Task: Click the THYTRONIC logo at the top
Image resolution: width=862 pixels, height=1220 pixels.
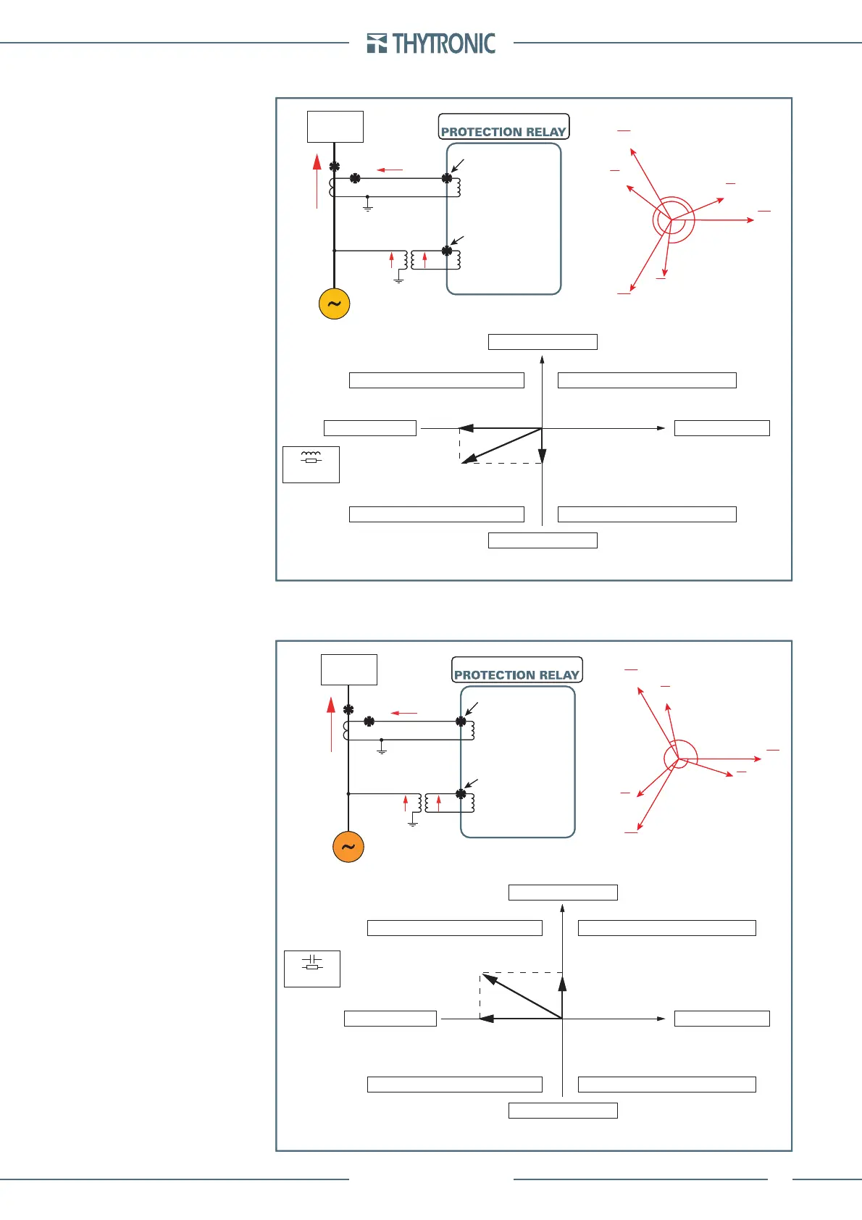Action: coord(432,43)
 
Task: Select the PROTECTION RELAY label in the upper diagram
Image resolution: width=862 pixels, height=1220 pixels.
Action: coord(503,131)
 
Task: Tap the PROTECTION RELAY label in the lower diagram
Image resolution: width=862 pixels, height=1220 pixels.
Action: coord(516,674)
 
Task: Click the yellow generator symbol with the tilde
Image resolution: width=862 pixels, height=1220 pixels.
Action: coord(334,304)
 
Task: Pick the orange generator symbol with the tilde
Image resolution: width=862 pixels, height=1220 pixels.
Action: coord(348,847)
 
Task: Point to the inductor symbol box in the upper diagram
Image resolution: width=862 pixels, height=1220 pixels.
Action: coord(311,464)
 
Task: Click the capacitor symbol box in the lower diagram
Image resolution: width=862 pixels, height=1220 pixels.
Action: coord(311,969)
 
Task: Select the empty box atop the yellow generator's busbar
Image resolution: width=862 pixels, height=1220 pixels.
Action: coord(335,127)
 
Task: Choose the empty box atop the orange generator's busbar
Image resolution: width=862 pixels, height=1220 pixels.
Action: coord(348,669)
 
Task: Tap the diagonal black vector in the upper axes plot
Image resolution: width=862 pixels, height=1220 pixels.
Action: coord(501,446)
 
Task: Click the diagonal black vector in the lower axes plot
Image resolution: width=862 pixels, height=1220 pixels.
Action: coord(522,996)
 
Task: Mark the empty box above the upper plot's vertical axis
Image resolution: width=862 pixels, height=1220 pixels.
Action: coord(543,342)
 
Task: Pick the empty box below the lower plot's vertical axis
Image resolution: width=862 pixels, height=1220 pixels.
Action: coord(563,1111)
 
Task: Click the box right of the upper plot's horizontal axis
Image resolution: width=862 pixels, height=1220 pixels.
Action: coord(721,428)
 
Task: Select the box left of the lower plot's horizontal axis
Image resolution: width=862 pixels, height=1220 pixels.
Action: coord(390,1019)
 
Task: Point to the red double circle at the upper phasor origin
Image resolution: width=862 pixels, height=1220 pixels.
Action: coord(673,220)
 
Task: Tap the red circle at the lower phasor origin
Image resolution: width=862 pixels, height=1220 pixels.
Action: coord(680,756)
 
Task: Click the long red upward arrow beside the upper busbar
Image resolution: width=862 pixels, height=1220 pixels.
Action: coord(317,181)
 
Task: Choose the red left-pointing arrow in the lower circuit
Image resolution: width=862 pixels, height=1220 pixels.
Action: coord(403,713)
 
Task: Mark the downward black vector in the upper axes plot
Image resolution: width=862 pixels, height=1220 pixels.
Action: coord(542,446)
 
